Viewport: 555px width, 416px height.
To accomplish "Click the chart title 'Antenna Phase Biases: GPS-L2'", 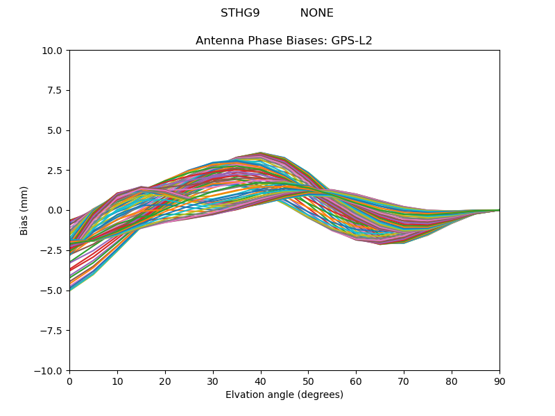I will pyautogui.click(x=284, y=41).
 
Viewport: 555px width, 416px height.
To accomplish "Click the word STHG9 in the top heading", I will pyautogui.click(x=240, y=13).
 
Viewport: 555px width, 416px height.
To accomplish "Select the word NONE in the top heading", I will pyautogui.click(x=316, y=13).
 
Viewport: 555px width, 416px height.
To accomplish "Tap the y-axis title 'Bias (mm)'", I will pyautogui.click(x=24, y=210).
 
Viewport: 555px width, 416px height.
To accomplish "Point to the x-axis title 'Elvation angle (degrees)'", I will pyautogui.click(x=284, y=395).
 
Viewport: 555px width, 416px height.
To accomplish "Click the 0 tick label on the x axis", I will pyautogui.click(x=69, y=381).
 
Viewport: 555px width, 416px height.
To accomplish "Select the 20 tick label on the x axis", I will pyautogui.click(x=165, y=381).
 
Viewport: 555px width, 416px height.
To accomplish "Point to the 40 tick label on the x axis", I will pyautogui.click(x=261, y=381).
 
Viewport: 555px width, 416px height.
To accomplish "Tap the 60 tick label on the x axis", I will pyautogui.click(x=356, y=381).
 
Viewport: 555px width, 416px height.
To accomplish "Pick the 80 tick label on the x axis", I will pyautogui.click(x=452, y=381).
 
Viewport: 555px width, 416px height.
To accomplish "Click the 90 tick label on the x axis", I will pyautogui.click(x=499, y=381).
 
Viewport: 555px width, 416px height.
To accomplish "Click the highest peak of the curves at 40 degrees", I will pyautogui.click(x=261, y=153).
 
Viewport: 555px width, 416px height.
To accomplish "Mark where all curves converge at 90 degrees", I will pyautogui.click(x=499, y=210).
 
